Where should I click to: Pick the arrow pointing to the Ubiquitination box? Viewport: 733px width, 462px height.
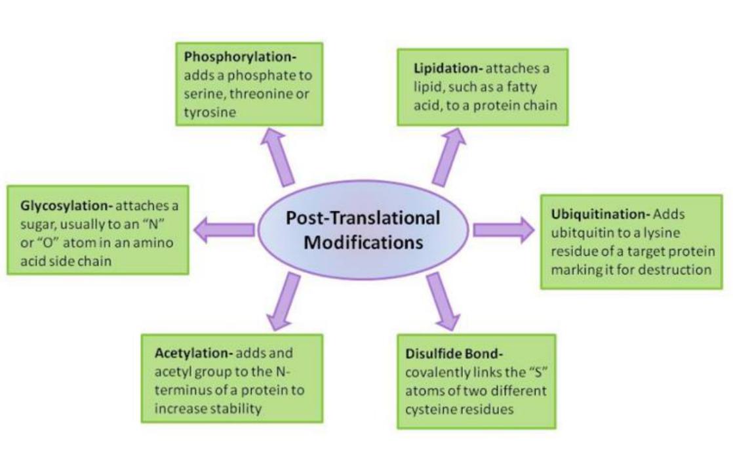[503, 229]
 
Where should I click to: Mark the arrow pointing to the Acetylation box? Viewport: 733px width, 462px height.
[281, 303]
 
